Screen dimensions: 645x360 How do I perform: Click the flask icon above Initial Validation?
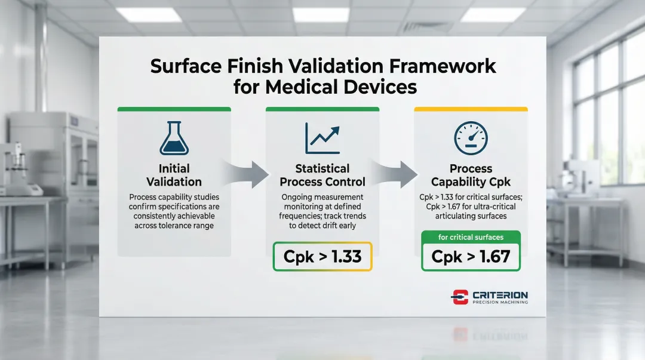(174, 139)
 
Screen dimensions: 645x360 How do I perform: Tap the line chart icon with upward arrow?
(322, 139)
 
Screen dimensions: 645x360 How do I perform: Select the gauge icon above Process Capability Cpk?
(471, 139)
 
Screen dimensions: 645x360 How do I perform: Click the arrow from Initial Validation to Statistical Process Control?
(246, 174)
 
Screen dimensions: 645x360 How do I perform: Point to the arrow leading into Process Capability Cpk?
(394, 174)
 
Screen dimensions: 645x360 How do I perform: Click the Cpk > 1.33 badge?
(322, 256)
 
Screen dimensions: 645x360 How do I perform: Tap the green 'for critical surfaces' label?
(471, 237)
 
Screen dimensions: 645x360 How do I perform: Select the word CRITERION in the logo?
(500, 295)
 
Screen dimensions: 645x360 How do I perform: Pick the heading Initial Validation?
(174, 175)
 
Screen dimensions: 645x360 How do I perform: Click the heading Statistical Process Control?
(322, 175)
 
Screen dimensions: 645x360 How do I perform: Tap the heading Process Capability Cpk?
(471, 175)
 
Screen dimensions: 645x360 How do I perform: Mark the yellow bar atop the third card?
(471, 109)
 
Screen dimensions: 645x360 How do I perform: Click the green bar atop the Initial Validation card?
(174, 109)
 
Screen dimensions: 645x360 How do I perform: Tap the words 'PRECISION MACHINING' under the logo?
(500, 303)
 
